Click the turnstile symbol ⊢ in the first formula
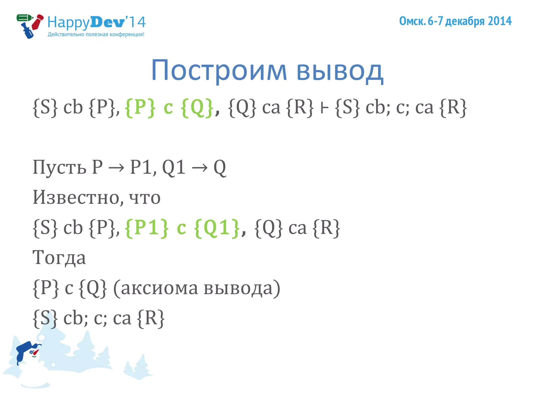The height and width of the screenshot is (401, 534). [324, 108]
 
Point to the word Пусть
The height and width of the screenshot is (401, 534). [59, 167]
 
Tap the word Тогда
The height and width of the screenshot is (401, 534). [59, 258]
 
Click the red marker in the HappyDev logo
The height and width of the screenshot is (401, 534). [38, 22]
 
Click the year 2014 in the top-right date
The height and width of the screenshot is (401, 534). [500, 21]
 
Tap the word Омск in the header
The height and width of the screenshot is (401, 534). [412, 21]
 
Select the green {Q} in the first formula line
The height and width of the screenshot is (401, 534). [197, 108]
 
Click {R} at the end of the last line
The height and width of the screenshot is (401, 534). [151, 318]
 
